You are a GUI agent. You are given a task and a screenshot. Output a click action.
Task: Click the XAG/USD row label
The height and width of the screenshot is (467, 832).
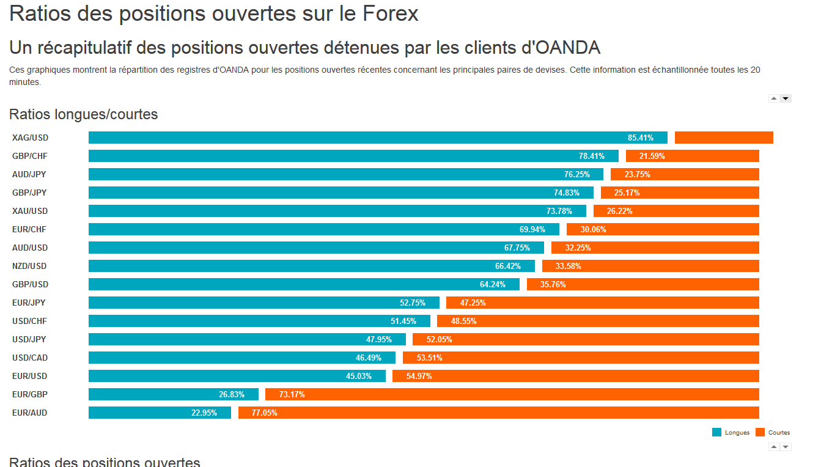click(x=30, y=138)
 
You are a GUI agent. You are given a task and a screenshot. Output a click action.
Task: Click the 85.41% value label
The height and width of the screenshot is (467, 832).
click(x=640, y=138)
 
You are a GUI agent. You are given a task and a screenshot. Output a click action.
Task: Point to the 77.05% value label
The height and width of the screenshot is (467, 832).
click(x=264, y=413)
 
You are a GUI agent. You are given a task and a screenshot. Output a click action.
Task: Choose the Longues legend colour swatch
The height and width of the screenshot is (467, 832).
click(x=716, y=432)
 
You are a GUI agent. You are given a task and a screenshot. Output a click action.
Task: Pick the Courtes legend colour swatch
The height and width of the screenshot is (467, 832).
click(x=760, y=432)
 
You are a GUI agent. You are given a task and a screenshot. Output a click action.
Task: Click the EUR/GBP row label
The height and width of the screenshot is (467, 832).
click(x=30, y=394)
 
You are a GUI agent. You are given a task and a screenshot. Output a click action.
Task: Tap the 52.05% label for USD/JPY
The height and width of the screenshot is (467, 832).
click(x=439, y=339)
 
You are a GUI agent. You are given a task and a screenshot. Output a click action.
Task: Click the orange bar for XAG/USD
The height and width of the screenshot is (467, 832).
click(x=724, y=138)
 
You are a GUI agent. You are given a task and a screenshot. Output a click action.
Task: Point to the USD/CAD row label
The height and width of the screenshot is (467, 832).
click(x=30, y=358)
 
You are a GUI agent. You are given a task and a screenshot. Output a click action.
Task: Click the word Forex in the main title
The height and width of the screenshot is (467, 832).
click(x=391, y=13)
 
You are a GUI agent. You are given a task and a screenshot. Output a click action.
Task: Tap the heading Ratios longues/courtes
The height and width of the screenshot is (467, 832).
click(x=83, y=114)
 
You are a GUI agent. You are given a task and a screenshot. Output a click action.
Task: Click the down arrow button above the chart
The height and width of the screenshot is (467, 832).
click(x=786, y=98)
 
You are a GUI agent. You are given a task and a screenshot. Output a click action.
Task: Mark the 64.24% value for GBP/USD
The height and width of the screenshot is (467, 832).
click(x=492, y=284)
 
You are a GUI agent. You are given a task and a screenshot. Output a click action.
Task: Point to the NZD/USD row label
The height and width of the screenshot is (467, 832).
click(x=29, y=266)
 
